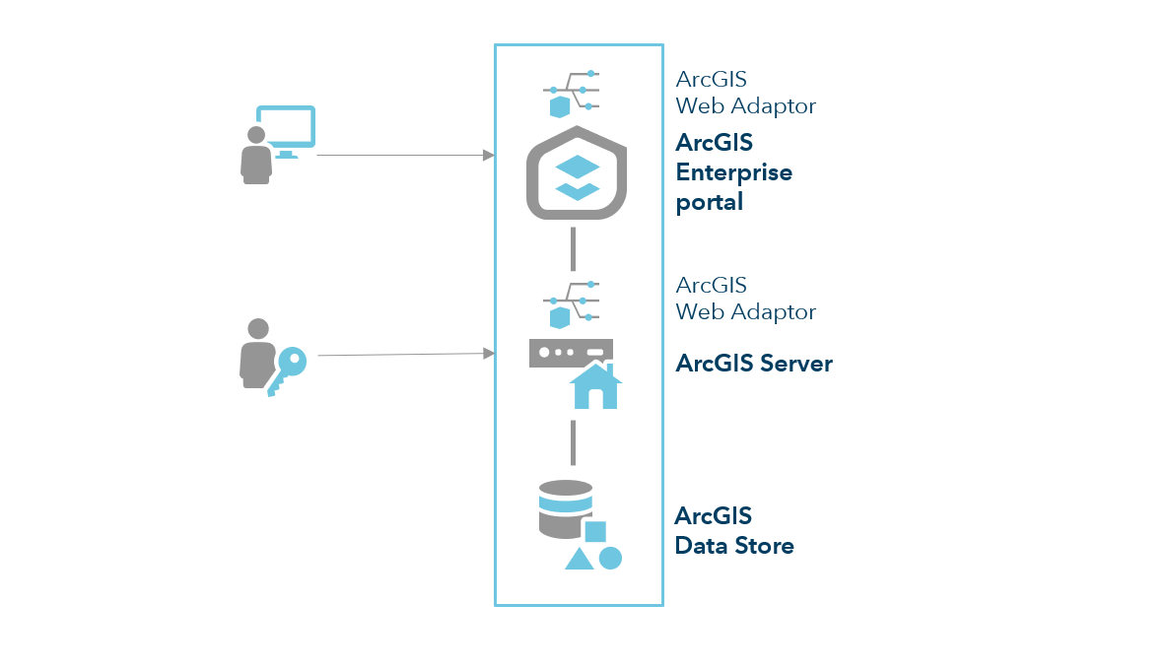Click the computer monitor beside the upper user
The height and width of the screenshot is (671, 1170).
286,128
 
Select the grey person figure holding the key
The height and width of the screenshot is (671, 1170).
256,354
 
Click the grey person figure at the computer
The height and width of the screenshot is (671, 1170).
255,156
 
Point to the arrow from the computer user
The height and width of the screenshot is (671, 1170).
404,156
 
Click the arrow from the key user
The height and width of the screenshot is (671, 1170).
404,355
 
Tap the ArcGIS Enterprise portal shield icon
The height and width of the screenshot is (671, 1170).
578,173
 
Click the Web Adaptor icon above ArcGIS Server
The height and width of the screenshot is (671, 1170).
572,302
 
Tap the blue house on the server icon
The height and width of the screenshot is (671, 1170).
595,386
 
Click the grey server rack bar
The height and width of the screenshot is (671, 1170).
571,353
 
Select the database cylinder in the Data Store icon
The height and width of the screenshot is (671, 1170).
566,508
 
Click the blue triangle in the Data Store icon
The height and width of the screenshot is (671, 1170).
579,559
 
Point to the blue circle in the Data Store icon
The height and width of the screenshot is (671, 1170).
610,558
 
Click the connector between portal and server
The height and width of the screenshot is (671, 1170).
573,248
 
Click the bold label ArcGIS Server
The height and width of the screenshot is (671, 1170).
754,364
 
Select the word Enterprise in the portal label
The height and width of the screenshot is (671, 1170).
733,172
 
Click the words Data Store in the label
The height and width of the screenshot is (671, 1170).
734,545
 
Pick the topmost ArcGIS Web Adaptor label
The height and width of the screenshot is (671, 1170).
745,93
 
